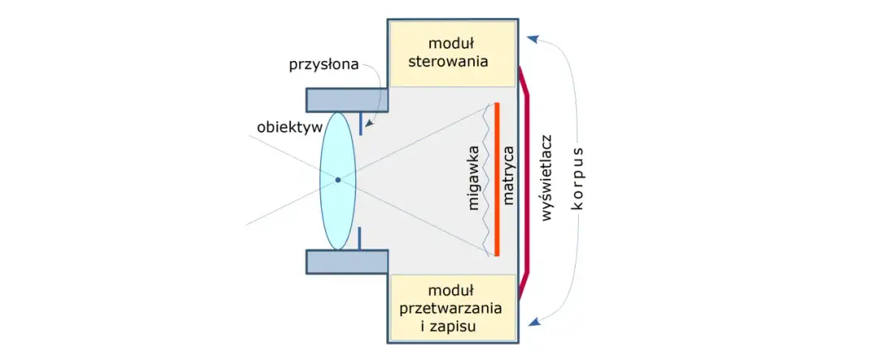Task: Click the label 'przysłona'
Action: click(324, 65)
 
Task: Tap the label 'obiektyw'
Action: click(289, 128)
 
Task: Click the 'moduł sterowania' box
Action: click(452, 53)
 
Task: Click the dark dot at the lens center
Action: click(338, 180)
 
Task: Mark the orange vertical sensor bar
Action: click(496, 180)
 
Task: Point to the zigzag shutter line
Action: click(488, 180)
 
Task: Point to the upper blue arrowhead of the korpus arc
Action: click(532, 37)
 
